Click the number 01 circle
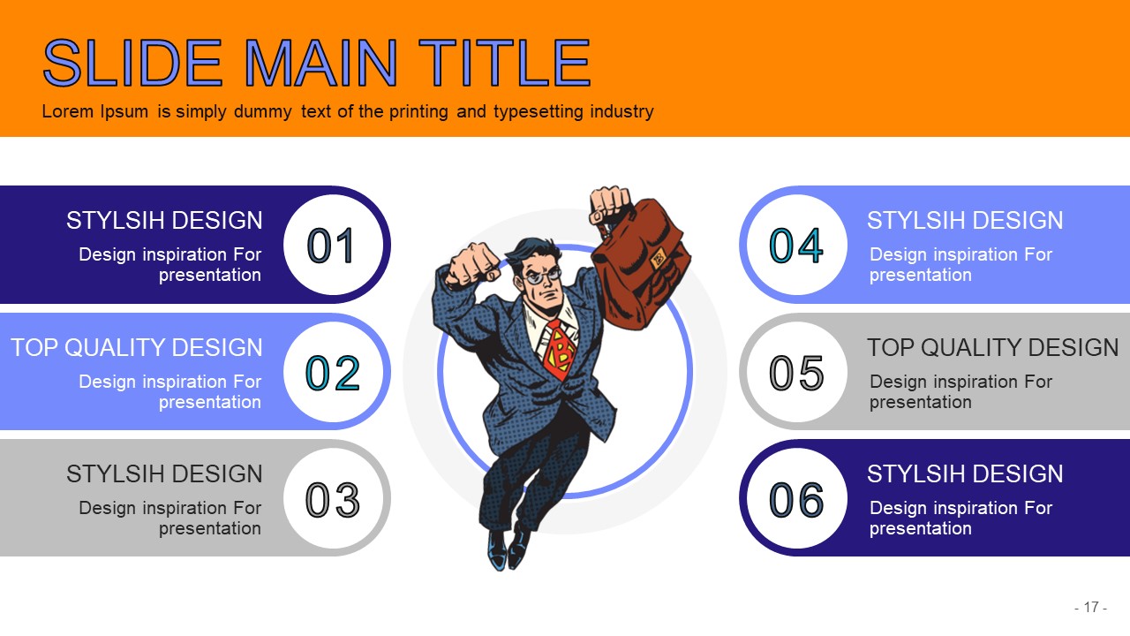coord(334,245)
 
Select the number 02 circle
coord(334,372)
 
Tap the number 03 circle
coord(334,498)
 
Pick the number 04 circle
coord(796,245)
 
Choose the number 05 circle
coord(796,372)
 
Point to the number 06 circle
coord(796,498)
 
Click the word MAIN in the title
coord(320,63)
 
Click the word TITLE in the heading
coord(504,63)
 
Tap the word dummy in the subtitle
coord(263,111)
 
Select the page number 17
coord(1091,607)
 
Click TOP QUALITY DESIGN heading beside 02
coord(137,348)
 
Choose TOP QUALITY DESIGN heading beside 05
coord(993,348)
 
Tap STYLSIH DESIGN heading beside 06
coord(965,474)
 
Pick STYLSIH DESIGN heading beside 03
coord(164,474)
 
